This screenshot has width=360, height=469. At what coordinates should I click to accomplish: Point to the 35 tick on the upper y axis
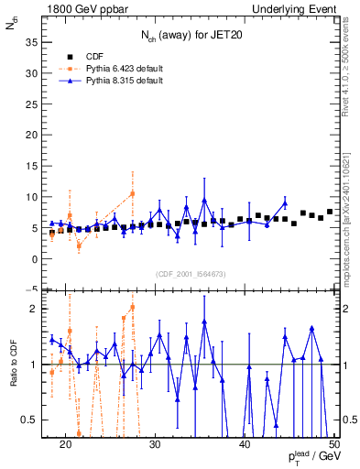click(x=37, y=42)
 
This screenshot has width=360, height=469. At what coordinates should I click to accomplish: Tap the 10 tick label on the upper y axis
click(x=37, y=197)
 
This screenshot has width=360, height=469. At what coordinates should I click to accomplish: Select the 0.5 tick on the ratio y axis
click(x=37, y=420)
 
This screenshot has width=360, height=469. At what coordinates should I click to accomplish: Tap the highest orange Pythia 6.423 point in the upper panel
click(x=132, y=193)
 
